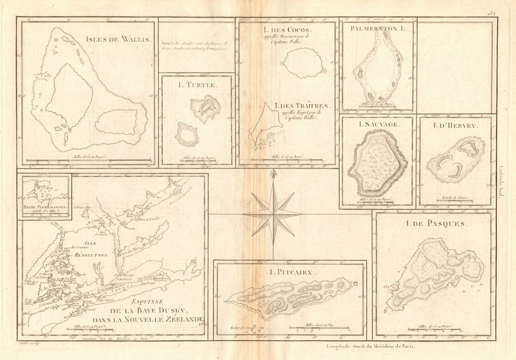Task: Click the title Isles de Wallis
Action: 119,39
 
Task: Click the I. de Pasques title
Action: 437,224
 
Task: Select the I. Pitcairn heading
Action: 290,272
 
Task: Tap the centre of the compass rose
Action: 273,214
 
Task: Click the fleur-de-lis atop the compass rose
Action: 273,175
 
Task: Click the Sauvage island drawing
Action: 378,163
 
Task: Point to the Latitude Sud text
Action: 501,180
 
